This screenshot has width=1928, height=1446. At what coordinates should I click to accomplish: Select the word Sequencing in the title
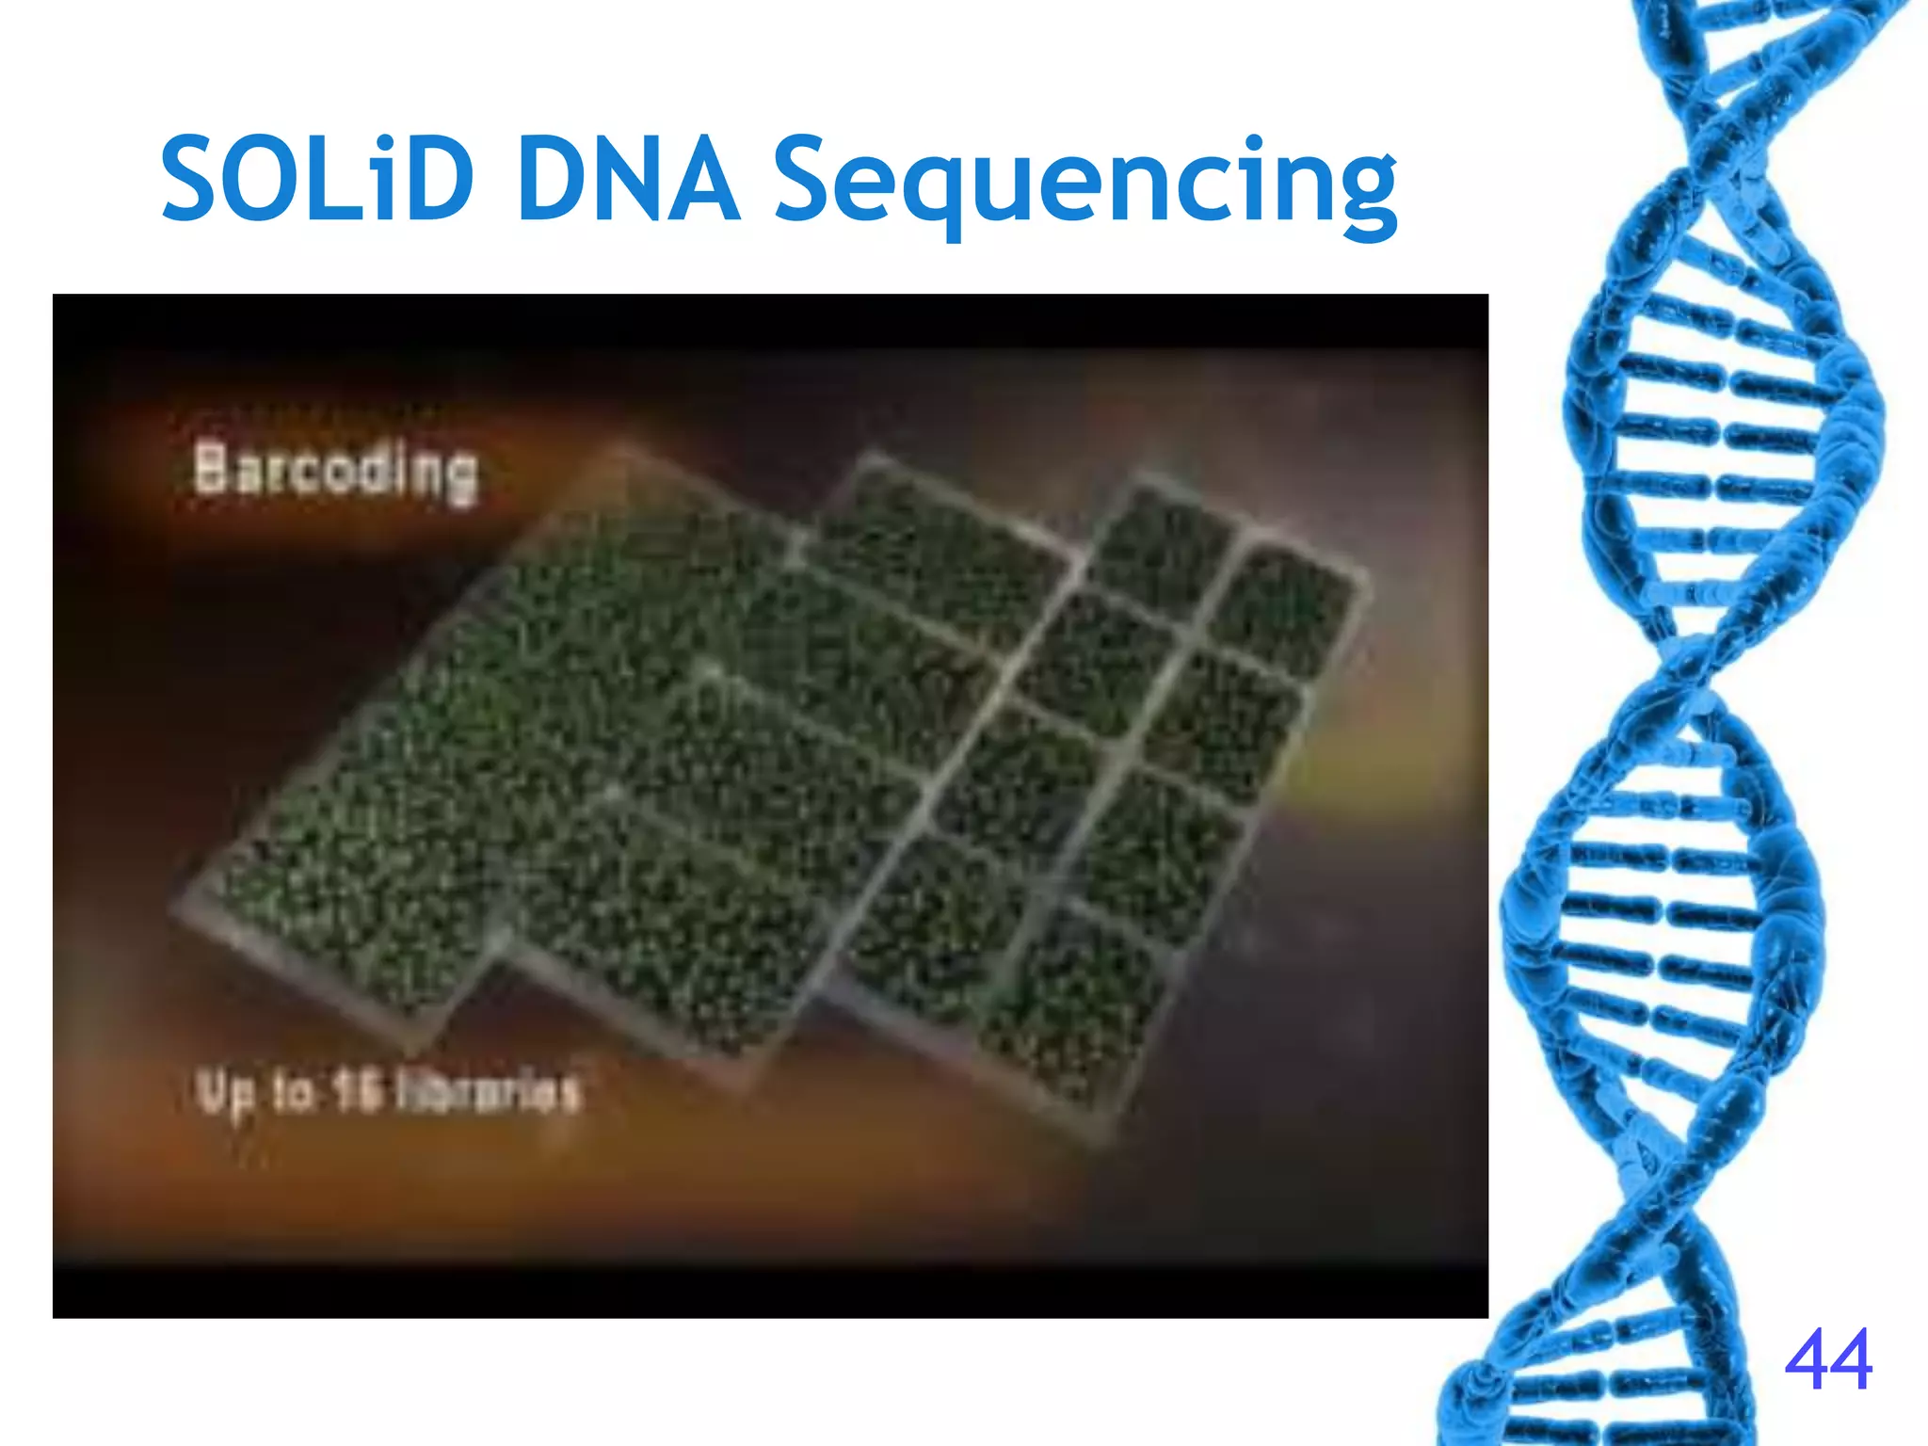pos(1084,184)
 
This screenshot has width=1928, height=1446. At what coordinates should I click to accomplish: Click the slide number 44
pos(1827,1359)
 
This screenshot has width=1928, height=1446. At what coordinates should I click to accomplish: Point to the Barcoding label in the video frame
pos(335,472)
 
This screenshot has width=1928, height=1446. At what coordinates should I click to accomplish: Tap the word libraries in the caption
pos(486,1092)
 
